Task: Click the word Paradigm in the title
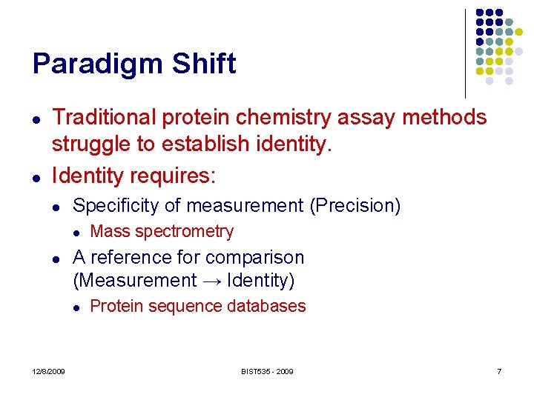(x=98, y=64)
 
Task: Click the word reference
(x=125, y=258)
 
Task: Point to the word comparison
(x=258, y=258)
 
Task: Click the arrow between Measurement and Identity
(x=211, y=281)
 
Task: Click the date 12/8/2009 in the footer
(x=48, y=371)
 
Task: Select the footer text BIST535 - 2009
(x=267, y=371)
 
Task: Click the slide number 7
(x=499, y=371)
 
